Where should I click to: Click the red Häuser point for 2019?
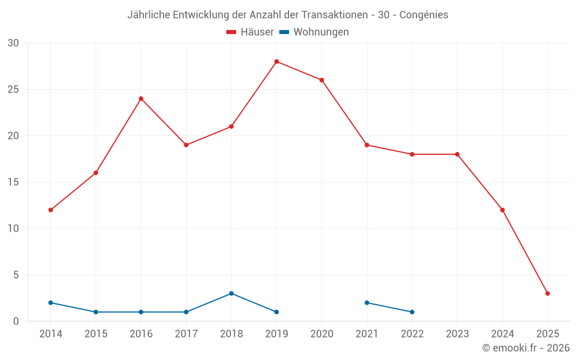[x=276, y=62]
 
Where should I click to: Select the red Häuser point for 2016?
[x=141, y=98]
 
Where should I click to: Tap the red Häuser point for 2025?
[x=547, y=293]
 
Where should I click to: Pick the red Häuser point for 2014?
[x=51, y=210]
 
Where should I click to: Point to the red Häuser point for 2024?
[x=502, y=210]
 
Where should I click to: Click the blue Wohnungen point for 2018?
[x=231, y=293]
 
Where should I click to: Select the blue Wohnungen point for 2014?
[x=51, y=302]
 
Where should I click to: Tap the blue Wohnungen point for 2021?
[x=367, y=302]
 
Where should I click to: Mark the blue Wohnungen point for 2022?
[x=412, y=312]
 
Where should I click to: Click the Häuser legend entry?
[x=250, y=32]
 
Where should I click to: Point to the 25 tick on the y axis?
[x=13, y=89]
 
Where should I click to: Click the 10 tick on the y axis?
[x=13, y=229]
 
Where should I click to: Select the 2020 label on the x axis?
[x=321, y=334]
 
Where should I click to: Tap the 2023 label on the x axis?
[x=457, y=334]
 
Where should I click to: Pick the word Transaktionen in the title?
[x=332, y=15]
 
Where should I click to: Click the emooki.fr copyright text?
[x=525, y=348]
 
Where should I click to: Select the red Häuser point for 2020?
[x=321, y=80]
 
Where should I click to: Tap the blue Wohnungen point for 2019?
[x=276, y=312]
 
